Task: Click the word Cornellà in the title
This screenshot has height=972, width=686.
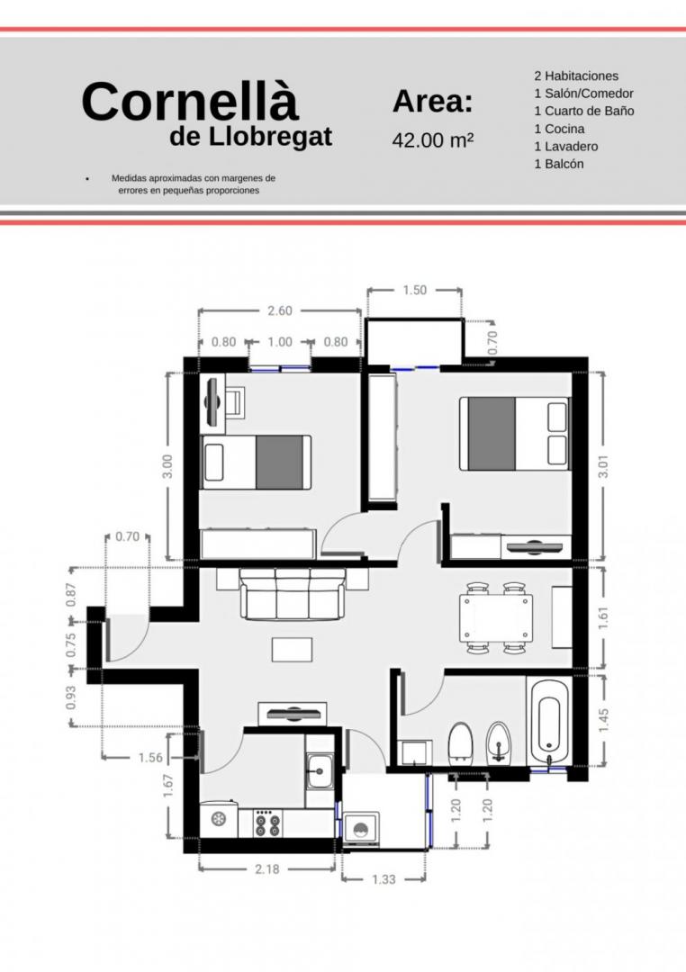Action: pyautogui.click(x=191, y=101)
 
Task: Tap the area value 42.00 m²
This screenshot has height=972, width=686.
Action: pyautogui.click(x=433, y=140)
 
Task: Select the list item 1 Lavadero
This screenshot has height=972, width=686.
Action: pyautogui.click(x=565, y=147)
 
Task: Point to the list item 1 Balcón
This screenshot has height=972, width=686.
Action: pyautogui.click(x=559, y=164)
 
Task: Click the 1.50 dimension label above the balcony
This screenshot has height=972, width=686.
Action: pyautogui.click(x=414, y=290)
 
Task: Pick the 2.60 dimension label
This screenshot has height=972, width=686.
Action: pyautogui.click(x=280, y=310)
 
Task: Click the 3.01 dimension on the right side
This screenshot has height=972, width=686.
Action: pyautogui.click(x=603, y=466)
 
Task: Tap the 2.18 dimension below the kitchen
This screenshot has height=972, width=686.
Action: pyautogui.click(x=266, y=869)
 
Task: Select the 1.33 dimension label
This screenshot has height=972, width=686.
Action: pyautogui.click(x=384, y=879)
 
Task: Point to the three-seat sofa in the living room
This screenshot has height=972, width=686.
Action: pyautogui.click(x=293, y=593)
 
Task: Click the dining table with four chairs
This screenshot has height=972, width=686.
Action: pyautogui.click(x=495, y=618)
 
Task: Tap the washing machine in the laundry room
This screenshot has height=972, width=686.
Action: pyautogui.click(x=360, y=830)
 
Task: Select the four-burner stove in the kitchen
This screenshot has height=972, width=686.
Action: pyautogui.click(x=268, y=823)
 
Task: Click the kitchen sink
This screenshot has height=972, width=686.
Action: pyautogui.click(x=320, y=771)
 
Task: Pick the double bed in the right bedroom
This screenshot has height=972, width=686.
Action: pyautogui.click(x=513, y=433)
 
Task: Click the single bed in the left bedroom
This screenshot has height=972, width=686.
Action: pyautogui.click(x=257, y=463)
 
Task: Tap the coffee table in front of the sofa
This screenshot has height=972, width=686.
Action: pyautogui.click(x=293, y=649)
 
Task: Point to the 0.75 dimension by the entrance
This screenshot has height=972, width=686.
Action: pyautogui.click(x=71, y=644)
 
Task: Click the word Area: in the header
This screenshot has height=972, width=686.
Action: pyautogui.click(x=432, y=101)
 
